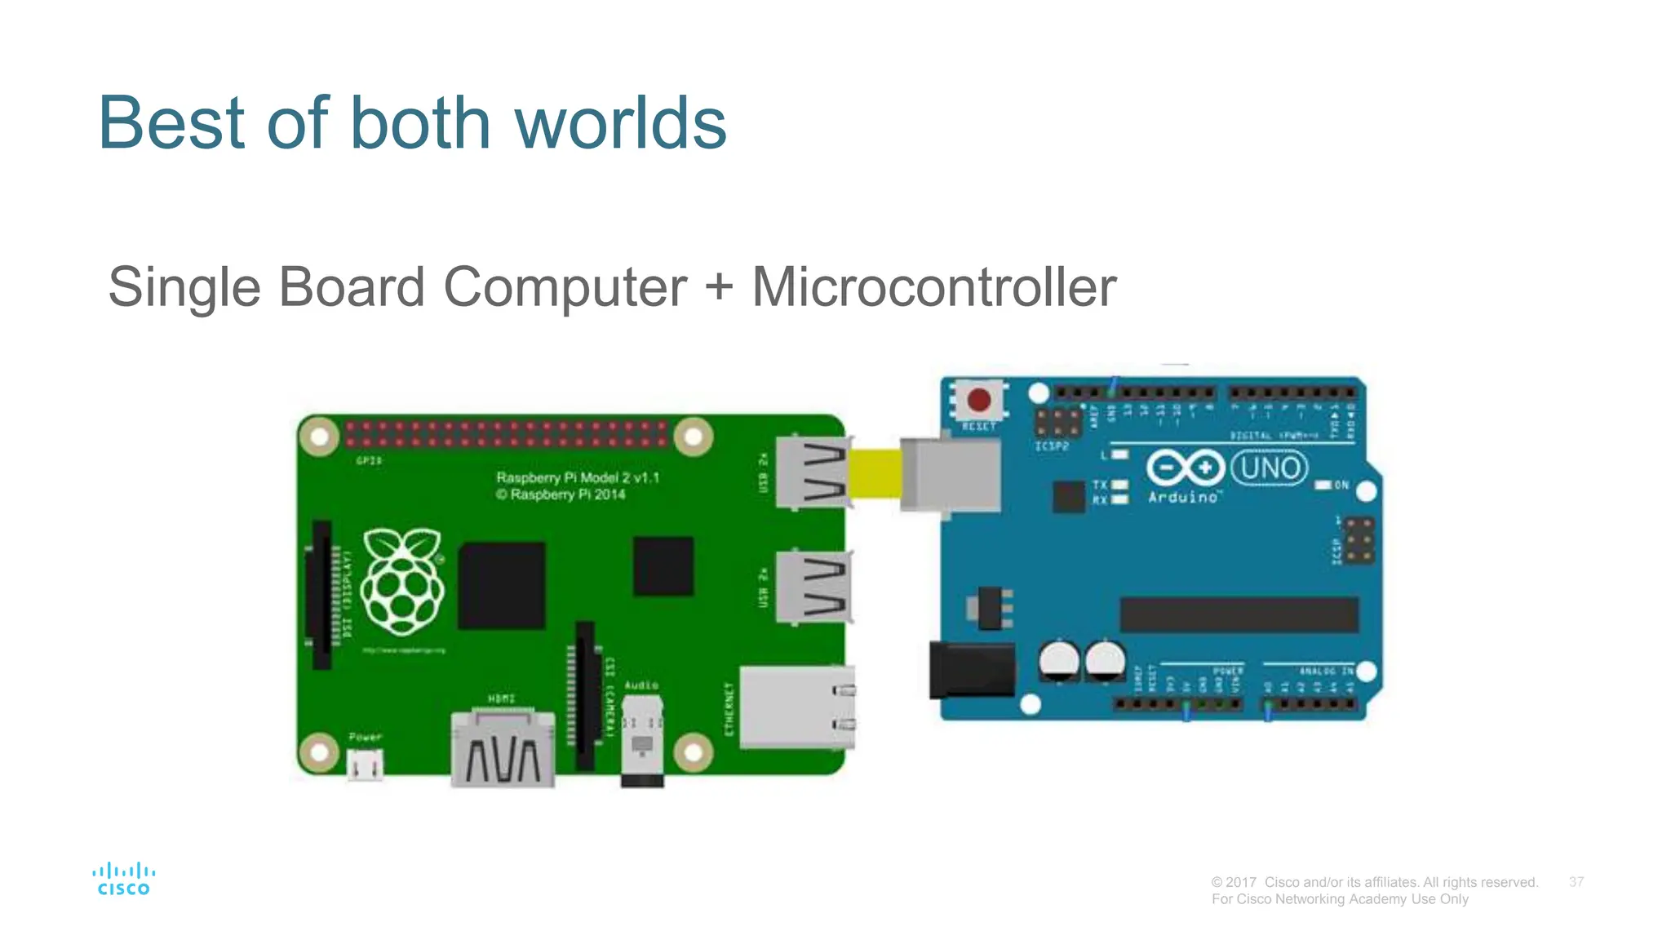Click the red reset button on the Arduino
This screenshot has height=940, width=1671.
(978, 400)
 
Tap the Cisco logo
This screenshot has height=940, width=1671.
(124, 879)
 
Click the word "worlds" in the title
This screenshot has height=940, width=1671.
(620, 123)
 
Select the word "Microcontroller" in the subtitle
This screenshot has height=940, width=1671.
(933, 287)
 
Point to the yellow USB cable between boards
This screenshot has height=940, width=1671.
(875, 472)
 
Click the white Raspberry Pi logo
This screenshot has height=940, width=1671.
(402, 581)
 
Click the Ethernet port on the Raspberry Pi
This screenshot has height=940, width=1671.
(796, 707)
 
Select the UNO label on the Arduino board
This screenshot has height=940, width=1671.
(1270, 468)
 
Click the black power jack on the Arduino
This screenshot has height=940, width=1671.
(972, 670)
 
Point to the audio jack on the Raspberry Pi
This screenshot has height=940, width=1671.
(642, 741)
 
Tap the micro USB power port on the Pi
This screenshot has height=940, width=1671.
(365, 765)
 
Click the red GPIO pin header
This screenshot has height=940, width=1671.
(506, 434)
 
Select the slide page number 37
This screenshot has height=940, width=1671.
(1576, 882)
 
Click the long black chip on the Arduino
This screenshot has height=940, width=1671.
(1239, 614)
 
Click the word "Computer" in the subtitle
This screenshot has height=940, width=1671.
(565, 287)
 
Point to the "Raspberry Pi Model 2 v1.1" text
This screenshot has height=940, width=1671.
(578, 477)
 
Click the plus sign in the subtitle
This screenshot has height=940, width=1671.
(719, 287)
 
